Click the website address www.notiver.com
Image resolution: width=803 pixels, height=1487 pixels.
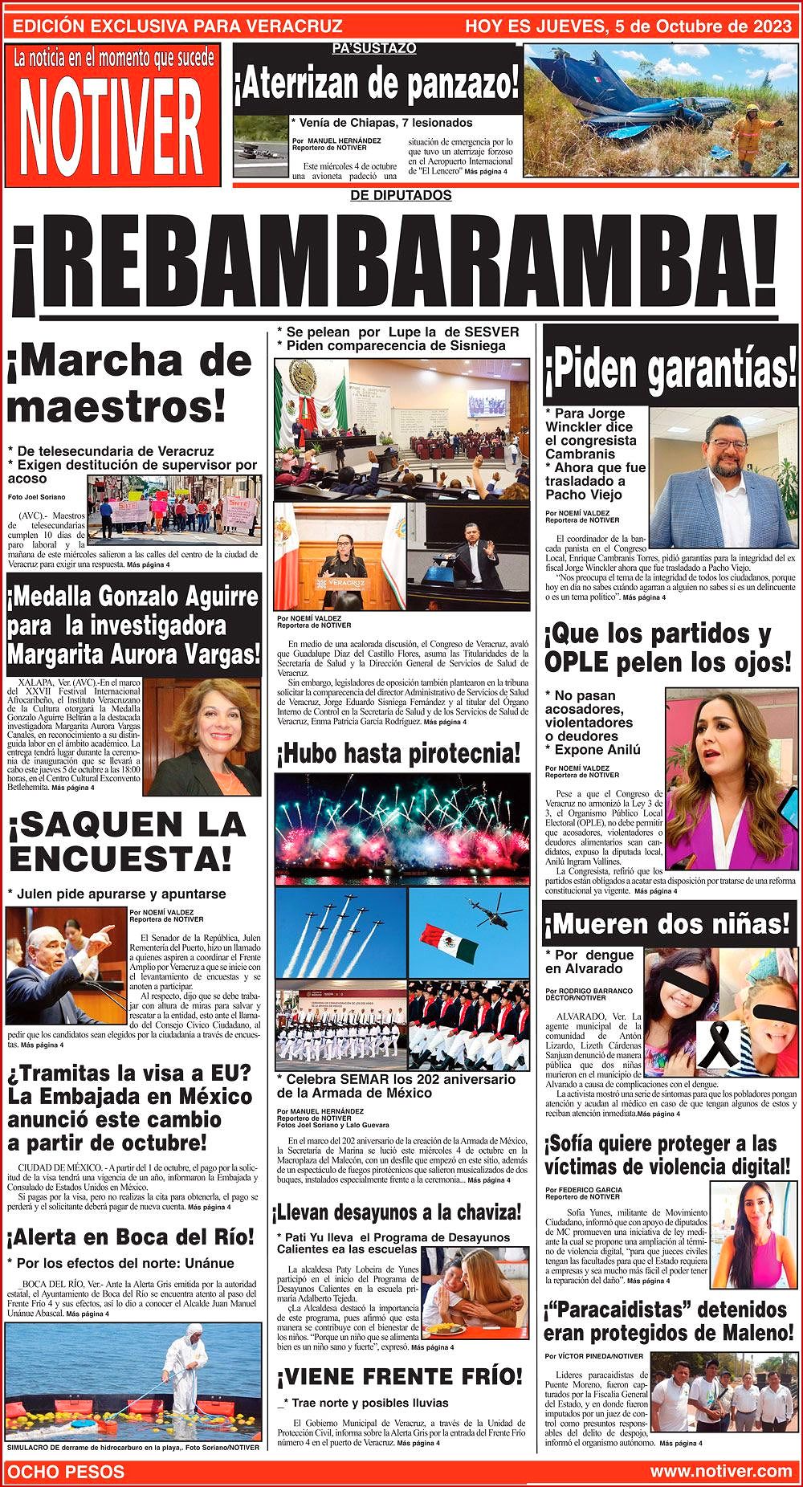point(720,1471)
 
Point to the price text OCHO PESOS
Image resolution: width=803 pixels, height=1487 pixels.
point(66,1471)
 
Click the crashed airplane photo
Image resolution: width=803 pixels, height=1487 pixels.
point(657,112)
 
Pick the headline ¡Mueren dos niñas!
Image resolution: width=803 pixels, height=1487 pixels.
point(668,925)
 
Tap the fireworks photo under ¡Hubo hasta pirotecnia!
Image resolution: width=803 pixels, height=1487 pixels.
point(401,827)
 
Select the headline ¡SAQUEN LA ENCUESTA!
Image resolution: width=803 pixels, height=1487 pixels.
point(127,841)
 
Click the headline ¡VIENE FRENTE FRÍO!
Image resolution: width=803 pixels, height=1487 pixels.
point(400,1376)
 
